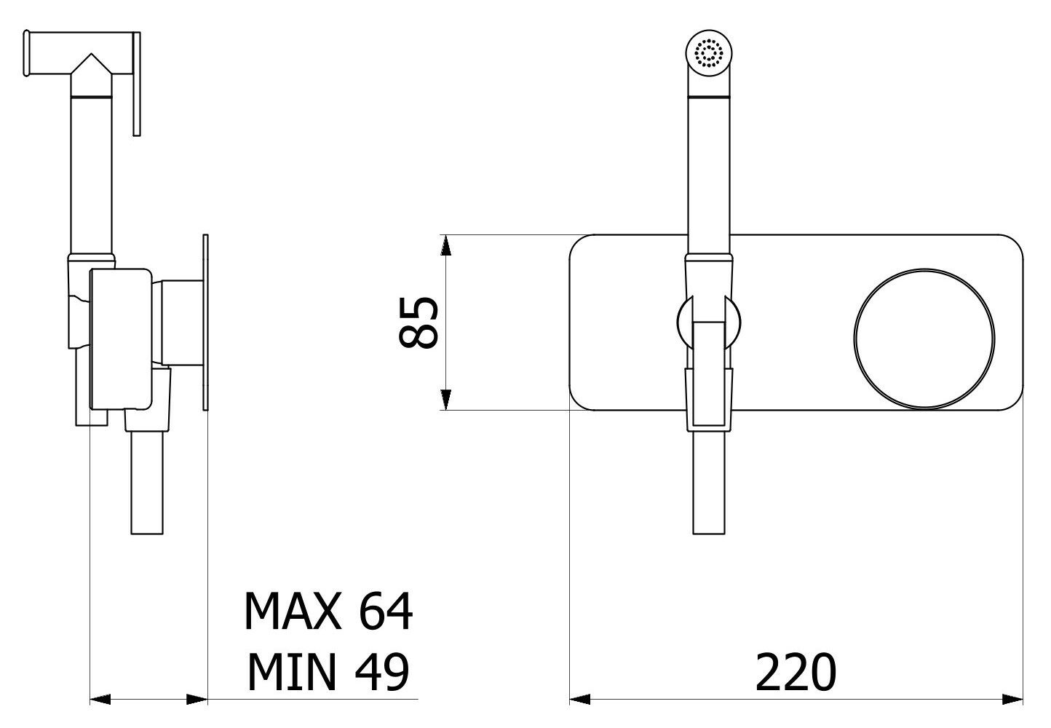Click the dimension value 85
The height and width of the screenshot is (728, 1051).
(418, 323)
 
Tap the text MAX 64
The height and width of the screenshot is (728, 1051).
(328, 611)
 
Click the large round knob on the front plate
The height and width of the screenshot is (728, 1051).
(924, 339)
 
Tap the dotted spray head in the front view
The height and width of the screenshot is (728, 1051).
(709, 52)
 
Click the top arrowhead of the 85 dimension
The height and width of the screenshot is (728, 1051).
(445, 245)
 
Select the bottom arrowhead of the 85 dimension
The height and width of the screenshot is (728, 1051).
(445, 400)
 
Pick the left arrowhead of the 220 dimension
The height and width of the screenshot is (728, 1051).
(580, 700)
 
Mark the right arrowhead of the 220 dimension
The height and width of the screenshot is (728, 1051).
(1012, 700)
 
